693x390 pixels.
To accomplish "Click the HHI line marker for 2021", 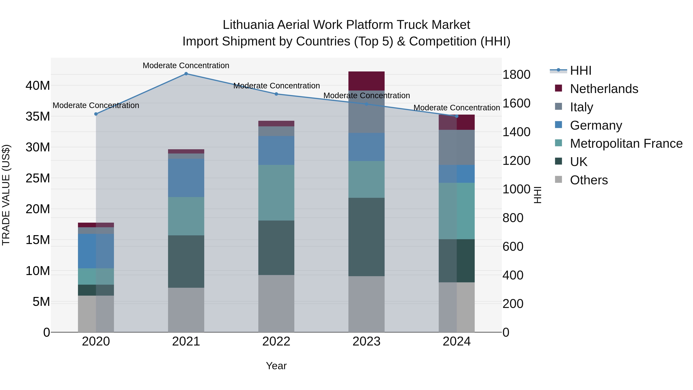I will pyautogui.click(x=186, y=74).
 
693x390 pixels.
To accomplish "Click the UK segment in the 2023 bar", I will pyautogui.click(x=366, y=237).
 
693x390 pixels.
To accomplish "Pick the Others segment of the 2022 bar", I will pyautogui.click(x=276, y=303).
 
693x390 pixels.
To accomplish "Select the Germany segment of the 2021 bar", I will pyautogui.click(x=186, y=178).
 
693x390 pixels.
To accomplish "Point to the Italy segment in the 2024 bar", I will pyautogui.click(x=457, y=147).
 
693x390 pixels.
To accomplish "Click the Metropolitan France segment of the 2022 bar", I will pyautogui.click(x=276, y=193).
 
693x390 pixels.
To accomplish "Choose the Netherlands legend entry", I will pyautogui.click(x=604, y=89).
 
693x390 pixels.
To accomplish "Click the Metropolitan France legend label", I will pyautogui.click(x=626, y=143).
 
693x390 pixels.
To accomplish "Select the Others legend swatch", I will pyautogui.click(x=558, y=179).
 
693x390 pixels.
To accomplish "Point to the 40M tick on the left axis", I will pyautogui.click(x=38, y=86).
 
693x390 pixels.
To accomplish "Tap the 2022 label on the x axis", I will pyautogui.click(x=276, y=341).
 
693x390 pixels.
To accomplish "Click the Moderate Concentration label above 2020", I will pyautogui.click(x=96, y=105).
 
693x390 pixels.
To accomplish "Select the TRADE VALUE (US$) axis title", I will pyautogui.click(x=6, y=195).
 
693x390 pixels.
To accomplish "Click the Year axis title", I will pyautogui.click(x=276, y=366).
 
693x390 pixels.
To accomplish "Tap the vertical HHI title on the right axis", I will pyautogui.click(x=537, y=195).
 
